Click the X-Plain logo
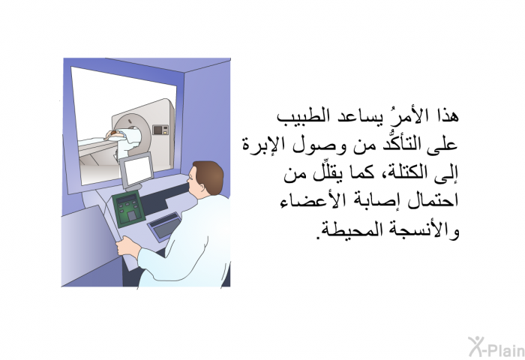[496, 346]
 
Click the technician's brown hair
[210, 175]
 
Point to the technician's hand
[126, 246]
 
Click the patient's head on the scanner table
[114, 134]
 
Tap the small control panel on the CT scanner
[160, 130]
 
